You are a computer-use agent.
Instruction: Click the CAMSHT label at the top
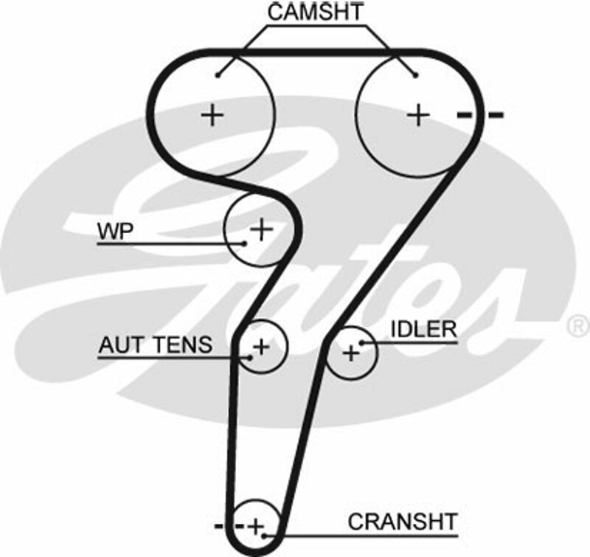tap(316, 13)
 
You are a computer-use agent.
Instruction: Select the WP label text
tap(114, 231)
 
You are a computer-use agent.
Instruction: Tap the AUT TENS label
tap(156, 345)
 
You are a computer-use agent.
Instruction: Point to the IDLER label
tap(423, 329)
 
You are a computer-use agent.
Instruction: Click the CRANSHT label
tap(403, 522)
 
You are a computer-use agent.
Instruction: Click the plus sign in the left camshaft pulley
tap(212, 114)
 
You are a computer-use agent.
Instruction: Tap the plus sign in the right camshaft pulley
tap(418, 114)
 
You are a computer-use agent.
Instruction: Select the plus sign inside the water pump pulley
tap(260, 229)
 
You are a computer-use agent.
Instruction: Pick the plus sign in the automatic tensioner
tap(261, 345)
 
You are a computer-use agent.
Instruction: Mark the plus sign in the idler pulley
tap(351, 353)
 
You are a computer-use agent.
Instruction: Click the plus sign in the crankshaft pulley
tap(255, 527)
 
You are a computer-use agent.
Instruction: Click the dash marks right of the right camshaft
tap(479, 114)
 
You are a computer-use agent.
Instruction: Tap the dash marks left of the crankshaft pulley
tap(228, 526)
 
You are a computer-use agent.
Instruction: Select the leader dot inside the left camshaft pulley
tap(220, 74)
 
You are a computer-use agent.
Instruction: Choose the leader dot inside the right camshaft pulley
tap(415, 74)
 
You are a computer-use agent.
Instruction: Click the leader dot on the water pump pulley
tap(243, 242)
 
